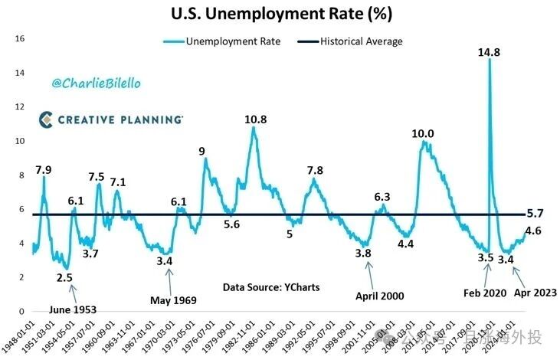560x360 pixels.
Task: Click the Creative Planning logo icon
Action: pyautogui.click(x=47, y=119)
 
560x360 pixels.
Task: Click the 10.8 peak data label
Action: pyautogui.click(x=255, y=119)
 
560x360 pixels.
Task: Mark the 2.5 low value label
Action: pyautogui.click(x=66, y=277)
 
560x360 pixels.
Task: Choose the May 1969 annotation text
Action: pyautogui.click(x=171, y=299)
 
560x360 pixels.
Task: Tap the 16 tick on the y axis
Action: pyautogui.click(x=21, y=39)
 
